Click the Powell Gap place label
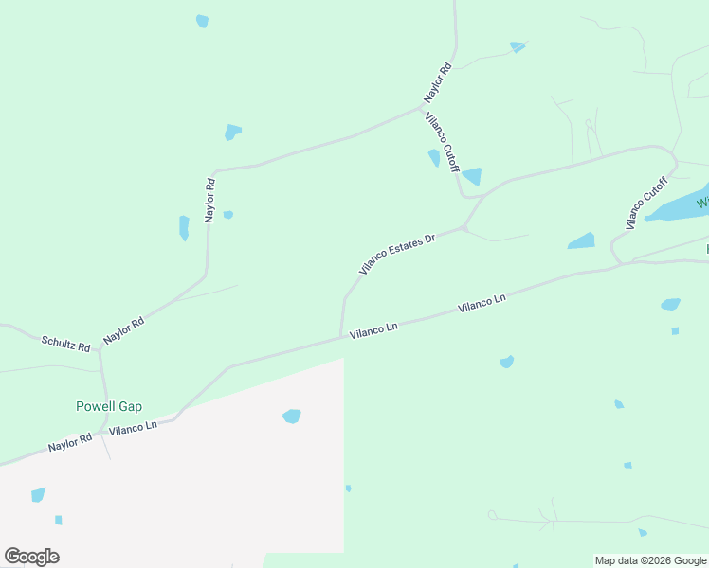[108, 406]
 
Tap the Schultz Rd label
[64, 343]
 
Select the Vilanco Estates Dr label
[396, 254]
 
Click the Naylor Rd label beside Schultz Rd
[123, 330]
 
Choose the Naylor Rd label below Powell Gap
[70, 441]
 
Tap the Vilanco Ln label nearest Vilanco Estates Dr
[373, 329]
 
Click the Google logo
[31, 557]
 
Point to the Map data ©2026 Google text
[650, 560]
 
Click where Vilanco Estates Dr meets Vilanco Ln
[340, 336]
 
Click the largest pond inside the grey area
[292, 416]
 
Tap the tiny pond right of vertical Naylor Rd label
[227, 215]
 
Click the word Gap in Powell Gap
[130, 406]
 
